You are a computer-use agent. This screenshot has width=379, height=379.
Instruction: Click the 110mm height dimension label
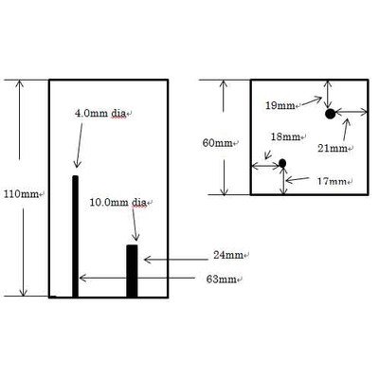point(21,194)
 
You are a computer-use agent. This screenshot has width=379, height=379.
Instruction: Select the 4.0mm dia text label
point(100,113)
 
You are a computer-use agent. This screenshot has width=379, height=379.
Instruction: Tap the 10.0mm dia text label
point(118,202)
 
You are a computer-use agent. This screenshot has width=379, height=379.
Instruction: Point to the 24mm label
point(228,255)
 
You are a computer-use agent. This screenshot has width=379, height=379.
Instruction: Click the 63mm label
point(221,280)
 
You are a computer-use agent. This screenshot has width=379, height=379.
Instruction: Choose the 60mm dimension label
point(217,143)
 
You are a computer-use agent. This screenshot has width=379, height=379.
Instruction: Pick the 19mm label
point(280,105)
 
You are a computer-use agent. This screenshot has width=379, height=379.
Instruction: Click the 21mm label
point(333,148)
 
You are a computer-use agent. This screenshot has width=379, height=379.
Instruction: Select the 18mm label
point(285,136)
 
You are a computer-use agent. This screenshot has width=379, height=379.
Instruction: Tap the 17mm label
point(332,181)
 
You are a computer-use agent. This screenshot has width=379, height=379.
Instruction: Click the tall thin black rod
point(75,236)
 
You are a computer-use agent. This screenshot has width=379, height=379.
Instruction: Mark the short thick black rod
point(132,271)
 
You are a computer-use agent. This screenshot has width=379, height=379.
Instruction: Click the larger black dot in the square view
point(330,114)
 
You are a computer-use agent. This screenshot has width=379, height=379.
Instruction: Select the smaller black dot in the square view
point(282,163)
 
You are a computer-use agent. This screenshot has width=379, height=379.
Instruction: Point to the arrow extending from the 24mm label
point(176,260)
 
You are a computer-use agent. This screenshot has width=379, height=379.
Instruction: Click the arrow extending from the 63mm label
point(137,278)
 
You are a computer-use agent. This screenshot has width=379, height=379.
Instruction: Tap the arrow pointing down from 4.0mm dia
point(80,145)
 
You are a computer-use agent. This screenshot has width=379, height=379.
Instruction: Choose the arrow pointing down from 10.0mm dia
point(135,225)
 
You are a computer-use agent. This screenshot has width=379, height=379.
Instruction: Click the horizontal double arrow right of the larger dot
point(352,112)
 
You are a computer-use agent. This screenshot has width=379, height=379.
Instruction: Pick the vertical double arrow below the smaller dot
point(284,181)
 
